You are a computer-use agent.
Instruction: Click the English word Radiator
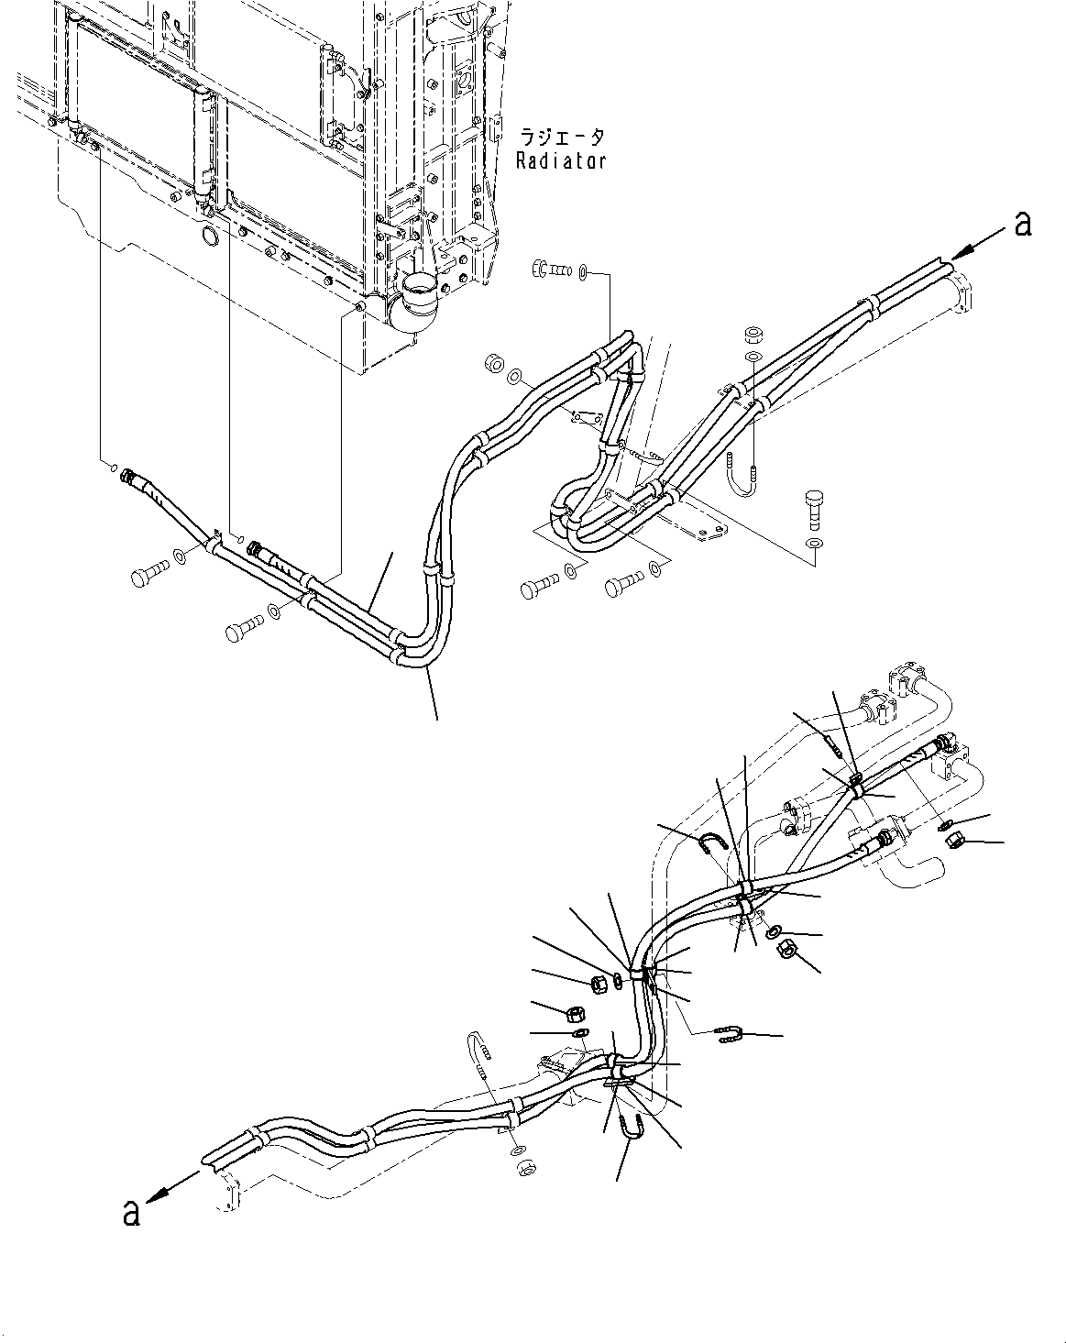(560, 161)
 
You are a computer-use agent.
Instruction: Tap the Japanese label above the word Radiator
(562, 138)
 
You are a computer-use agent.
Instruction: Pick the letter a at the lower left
(132, 1212)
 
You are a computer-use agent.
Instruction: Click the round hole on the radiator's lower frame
(209, 237)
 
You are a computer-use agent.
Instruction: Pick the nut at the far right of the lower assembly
(955, 839)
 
